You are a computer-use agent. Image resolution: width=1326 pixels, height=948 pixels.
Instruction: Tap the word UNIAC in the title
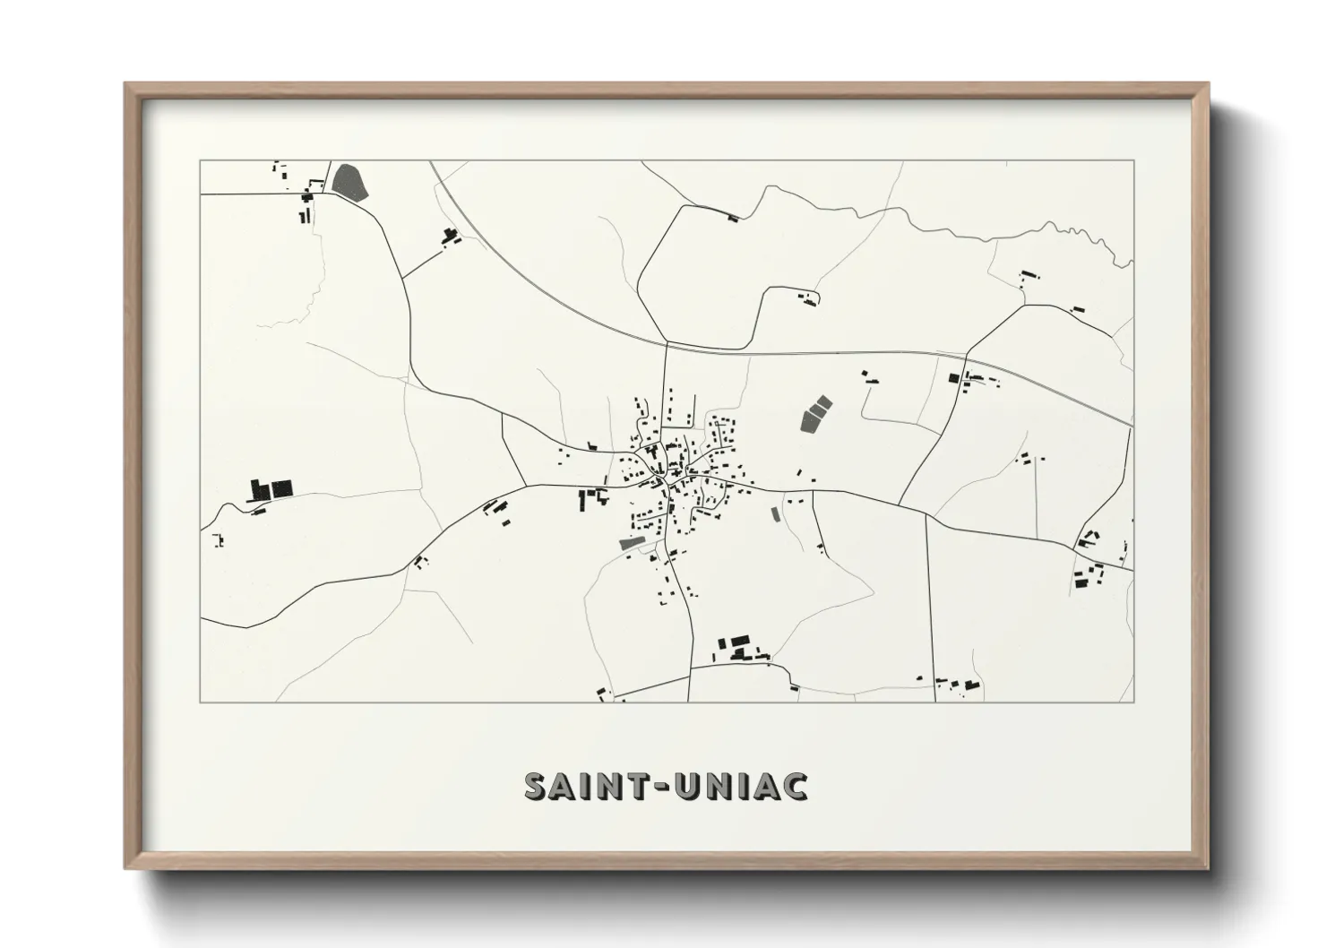coord(745,786)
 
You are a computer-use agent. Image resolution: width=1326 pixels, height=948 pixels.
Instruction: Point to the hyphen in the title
coord(664,787)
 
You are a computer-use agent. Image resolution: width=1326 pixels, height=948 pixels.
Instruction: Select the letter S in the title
coord(535,786)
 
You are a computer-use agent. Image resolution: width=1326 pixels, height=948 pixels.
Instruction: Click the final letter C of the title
coord(796,786)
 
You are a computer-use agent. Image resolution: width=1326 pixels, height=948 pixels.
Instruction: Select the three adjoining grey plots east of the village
coord(814,413)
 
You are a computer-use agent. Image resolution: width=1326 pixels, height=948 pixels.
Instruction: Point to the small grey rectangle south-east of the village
coord(776,514)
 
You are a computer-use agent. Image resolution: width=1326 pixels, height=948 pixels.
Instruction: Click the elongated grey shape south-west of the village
coord(631,543)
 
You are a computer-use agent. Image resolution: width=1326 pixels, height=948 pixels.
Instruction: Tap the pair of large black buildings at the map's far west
coord(271,488)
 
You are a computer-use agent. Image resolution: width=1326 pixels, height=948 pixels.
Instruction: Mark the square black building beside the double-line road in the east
coord(953,377)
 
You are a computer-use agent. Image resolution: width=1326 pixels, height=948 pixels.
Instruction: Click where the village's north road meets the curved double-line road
coord(667,342)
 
